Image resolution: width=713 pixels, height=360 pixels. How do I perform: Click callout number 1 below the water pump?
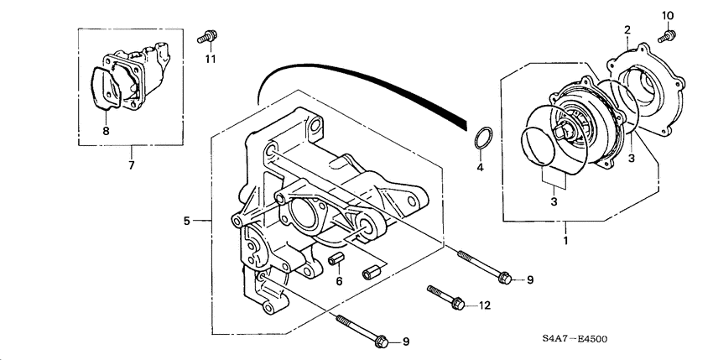(565, 240)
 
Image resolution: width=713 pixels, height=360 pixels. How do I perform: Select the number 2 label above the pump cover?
(626, 30)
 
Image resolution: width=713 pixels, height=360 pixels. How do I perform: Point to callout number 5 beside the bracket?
(187, 222)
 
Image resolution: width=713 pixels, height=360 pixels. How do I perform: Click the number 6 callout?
(339, 283)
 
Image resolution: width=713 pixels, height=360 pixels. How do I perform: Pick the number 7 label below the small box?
(131, 164)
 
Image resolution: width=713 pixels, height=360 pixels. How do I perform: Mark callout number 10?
(668, 16)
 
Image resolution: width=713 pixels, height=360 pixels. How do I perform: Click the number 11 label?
(211, 58)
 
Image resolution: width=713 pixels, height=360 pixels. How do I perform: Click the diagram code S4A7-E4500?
(574, 340)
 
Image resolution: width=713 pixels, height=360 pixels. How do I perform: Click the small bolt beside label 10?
(667, 35)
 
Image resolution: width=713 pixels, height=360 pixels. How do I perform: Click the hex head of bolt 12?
(459, 304)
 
